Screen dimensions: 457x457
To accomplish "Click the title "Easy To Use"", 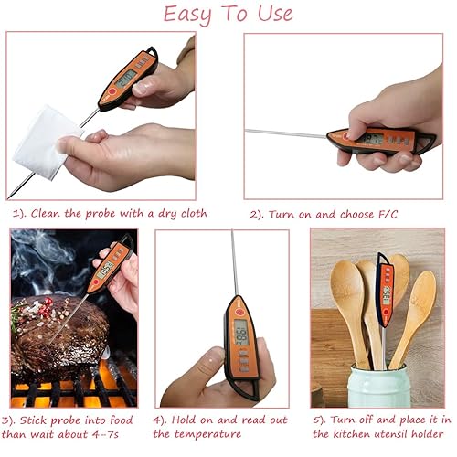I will pyautogui.click(x=228, y=14).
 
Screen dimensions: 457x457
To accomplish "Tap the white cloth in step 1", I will pyautogui.click(x=47, y=141).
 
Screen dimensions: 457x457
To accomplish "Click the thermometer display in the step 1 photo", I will pyautogui.click(x=126, y=78).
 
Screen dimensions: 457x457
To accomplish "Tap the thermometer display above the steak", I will pyautogui.click(x=105, y=269).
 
